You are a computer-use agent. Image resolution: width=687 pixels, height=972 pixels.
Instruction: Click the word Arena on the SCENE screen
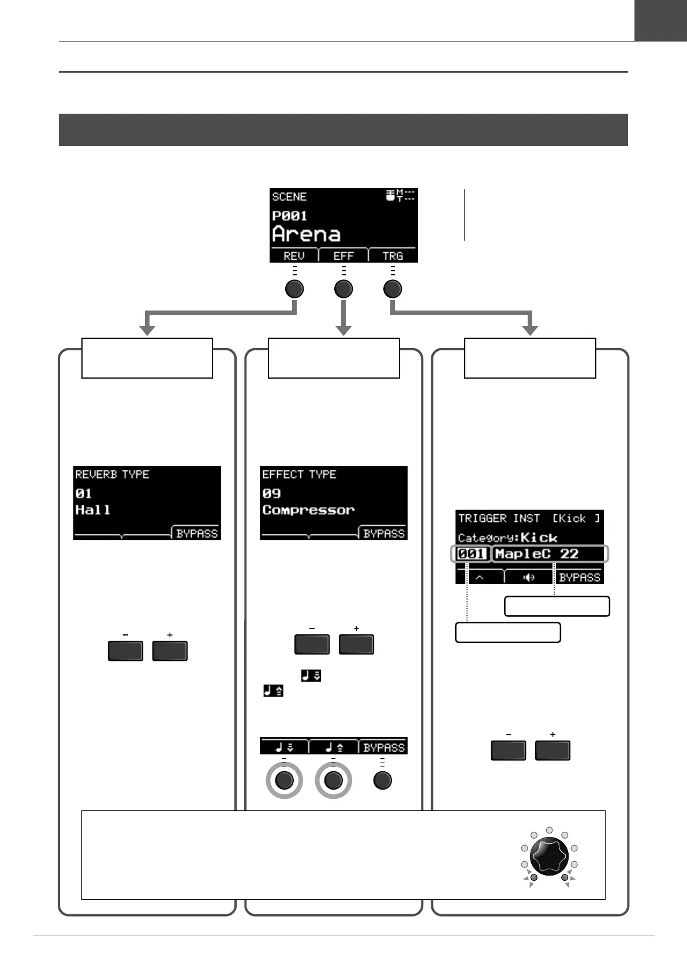(306, 234)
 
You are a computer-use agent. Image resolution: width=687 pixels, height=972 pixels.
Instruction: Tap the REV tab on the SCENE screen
(294, 256)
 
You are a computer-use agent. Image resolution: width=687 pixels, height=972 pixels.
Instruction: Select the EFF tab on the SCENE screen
(343, 256)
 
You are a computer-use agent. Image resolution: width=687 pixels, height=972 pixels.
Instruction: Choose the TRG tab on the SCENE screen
(393, 256)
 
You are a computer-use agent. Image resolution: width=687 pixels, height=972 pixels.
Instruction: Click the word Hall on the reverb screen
(92, 510)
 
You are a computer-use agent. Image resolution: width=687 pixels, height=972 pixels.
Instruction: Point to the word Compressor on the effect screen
(308, 510)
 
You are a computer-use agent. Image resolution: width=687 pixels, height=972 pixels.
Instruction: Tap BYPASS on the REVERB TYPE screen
(197, 533)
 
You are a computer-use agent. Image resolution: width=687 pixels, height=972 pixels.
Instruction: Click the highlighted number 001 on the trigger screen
(472, 554)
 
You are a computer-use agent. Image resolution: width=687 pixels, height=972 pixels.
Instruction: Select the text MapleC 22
(536, 554)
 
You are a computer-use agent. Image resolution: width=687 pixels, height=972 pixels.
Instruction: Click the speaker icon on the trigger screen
(529, 577)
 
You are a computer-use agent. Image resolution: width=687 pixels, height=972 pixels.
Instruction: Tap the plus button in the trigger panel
(552, 751)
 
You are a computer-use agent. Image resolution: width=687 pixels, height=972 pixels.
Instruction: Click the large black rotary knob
(549, 856)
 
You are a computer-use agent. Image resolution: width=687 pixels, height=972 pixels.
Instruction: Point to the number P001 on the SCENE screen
(289, 216)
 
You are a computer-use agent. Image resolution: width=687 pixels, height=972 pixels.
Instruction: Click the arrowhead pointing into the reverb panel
(147, 330)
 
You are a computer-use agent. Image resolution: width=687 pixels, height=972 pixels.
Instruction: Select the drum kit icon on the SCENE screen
(391, 196)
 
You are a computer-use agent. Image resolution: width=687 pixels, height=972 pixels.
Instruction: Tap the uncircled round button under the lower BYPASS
(382, 780)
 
